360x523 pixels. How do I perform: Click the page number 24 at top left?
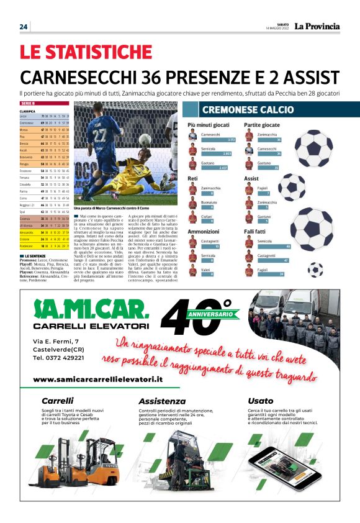pyautogui.click(x=24, y=27)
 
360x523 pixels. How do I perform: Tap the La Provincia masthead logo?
pyautogui.click(x=317, y=26)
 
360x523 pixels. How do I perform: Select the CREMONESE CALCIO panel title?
pyautogui.click(x=247, y=110)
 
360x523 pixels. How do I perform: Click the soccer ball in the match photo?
pyautogui.click(x=145, y=140)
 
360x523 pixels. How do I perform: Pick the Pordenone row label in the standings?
pyautogui.click(x=26, y=246)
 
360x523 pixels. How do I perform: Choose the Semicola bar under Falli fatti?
pyautogui.click(x=274, y=246)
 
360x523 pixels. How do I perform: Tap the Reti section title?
pyautogui.click(x=193, y=179)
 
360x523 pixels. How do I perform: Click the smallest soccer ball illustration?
pyautogui.click(x=315, y=270)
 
